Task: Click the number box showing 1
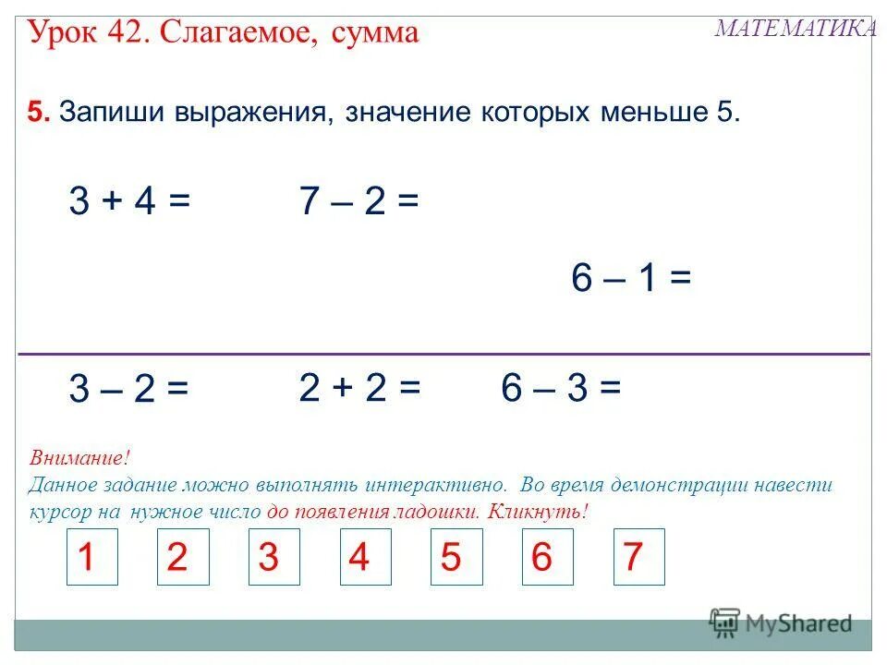(92, 557)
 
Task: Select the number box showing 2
(183, 557)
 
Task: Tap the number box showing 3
(274, 557)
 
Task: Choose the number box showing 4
(366, 557)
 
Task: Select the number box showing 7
(638, 557)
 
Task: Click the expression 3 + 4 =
(129, 201)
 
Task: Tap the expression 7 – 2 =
(359, 201)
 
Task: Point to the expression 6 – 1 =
(631, 278)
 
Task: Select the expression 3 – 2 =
(128, 391)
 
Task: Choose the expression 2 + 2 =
(359, 388)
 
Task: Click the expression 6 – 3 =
(561, 388)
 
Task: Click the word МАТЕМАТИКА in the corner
(796, 29)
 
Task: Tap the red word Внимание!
(79, 458)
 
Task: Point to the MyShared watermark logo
(781, 623)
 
